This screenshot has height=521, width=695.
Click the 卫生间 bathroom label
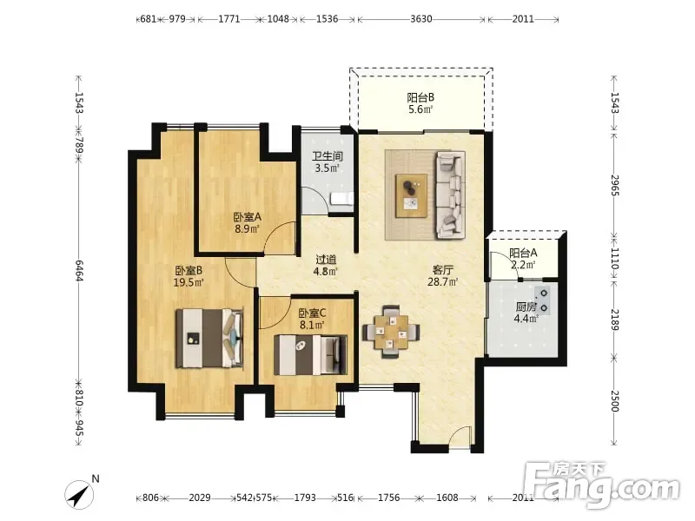328,156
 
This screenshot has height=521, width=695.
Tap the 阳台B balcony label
420,97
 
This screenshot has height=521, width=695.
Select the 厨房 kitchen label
526,307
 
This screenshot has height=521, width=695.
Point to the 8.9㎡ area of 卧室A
247,229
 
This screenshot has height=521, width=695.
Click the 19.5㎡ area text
189,282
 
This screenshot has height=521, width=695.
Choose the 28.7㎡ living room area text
442,281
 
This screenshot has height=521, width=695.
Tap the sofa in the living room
450,195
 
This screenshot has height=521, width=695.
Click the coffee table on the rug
412,195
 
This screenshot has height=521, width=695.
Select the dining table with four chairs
391,332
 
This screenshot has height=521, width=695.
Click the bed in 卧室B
209,338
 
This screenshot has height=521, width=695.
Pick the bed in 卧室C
310,355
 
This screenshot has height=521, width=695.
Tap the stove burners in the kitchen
544,300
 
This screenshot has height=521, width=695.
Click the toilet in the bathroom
341,199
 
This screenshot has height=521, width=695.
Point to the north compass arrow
78,495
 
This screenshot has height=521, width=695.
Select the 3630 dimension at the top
420,19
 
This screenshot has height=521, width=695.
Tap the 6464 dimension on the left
79,270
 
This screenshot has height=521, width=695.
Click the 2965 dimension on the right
614,185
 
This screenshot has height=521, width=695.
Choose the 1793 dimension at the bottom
305,498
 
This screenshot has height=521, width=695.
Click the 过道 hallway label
326,260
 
